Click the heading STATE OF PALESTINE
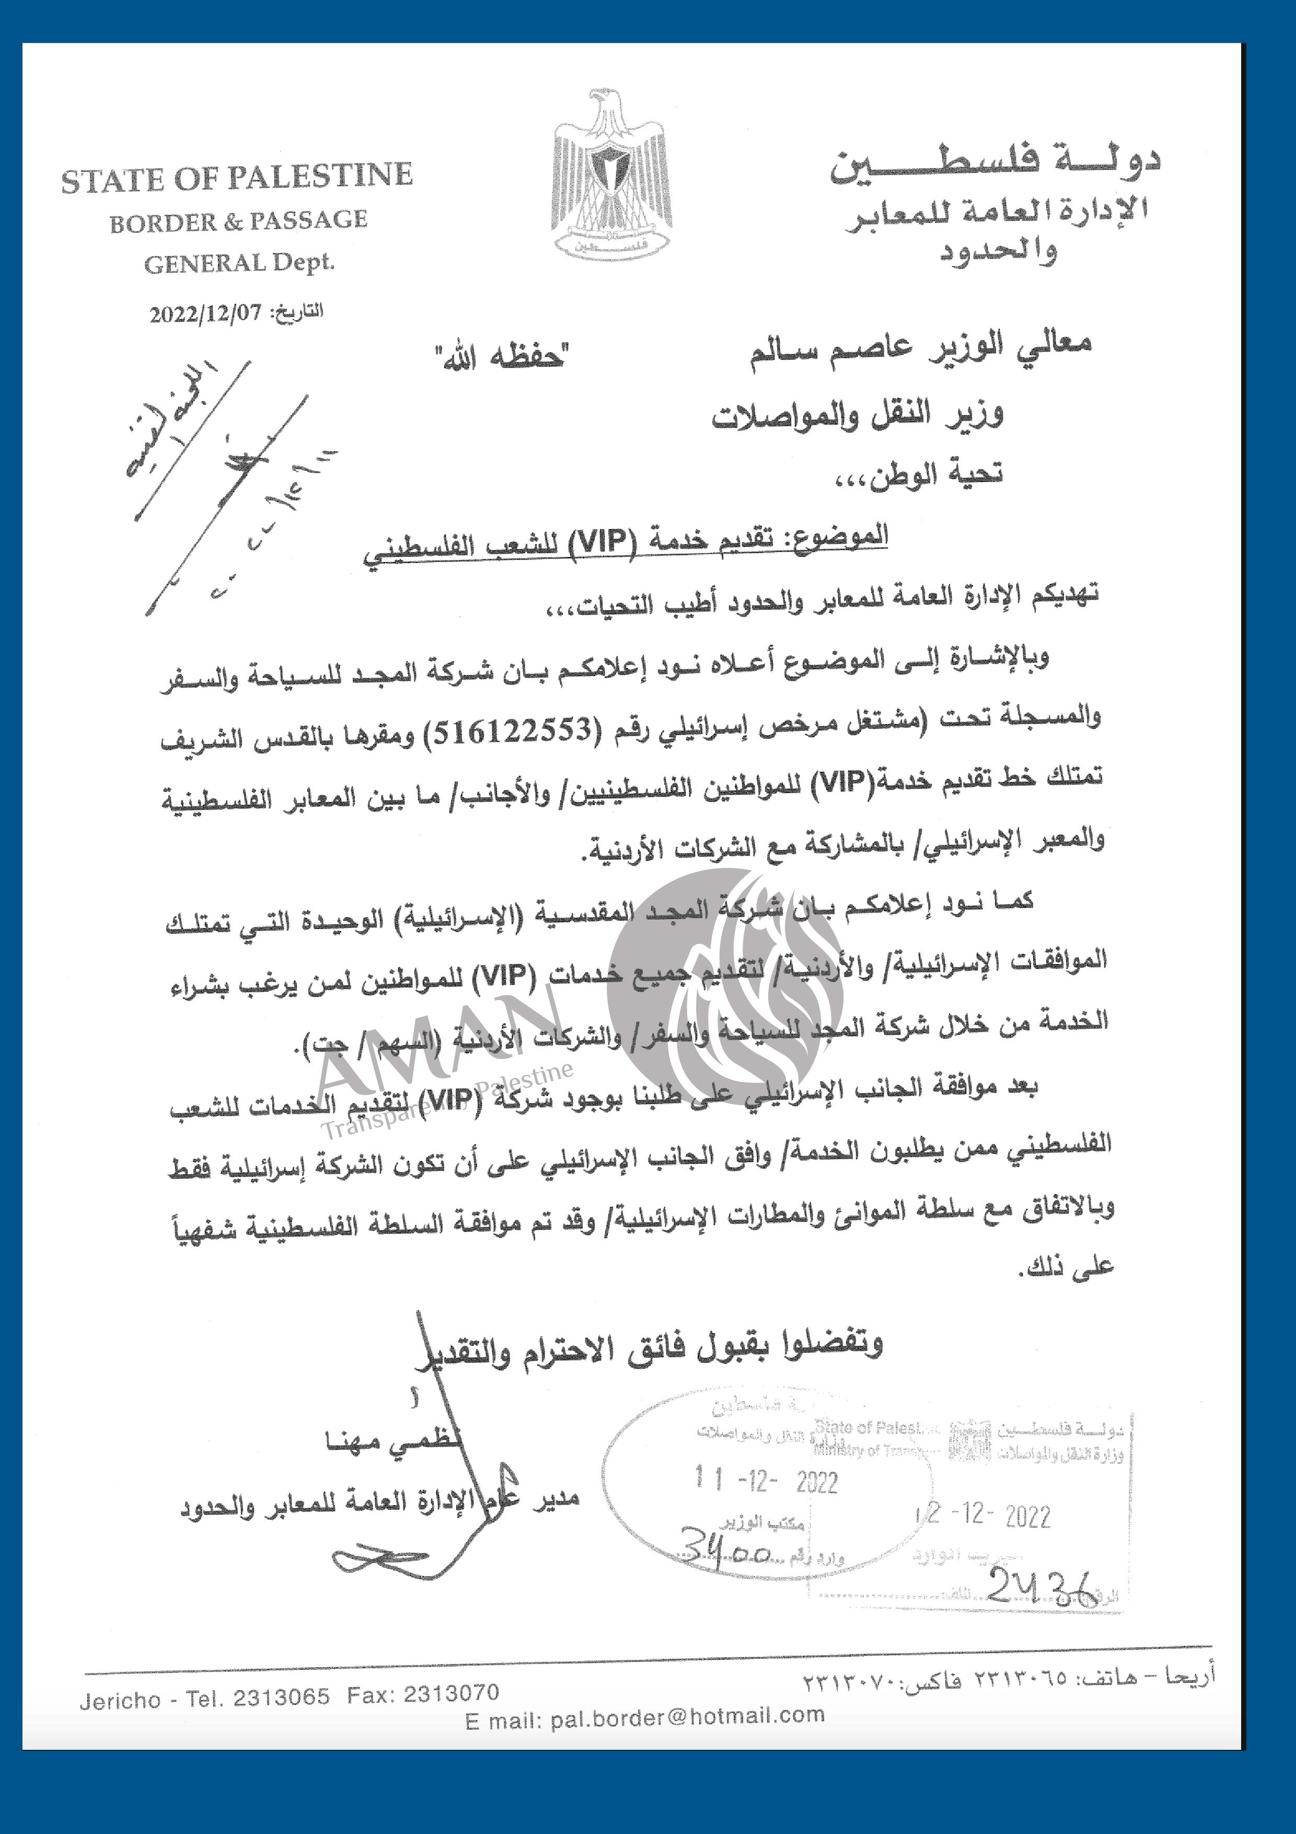pos(237,179)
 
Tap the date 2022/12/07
pos(205,313)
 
